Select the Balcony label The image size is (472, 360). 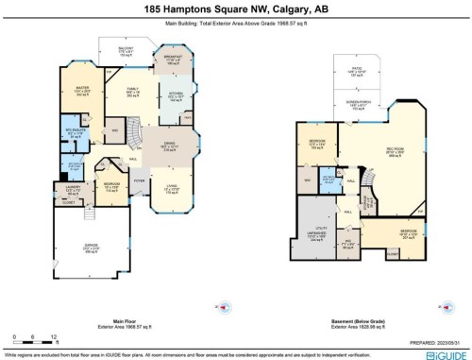pos(126,49)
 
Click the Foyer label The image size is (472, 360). pos(138,179)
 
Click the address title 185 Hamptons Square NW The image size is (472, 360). pos(236,8)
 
